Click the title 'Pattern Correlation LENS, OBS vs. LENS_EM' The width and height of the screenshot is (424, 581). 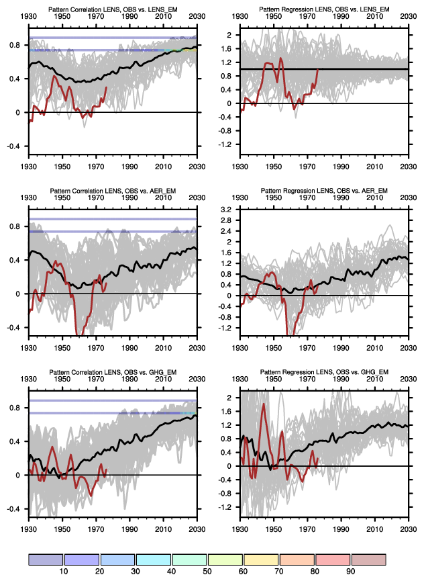coord(112,8)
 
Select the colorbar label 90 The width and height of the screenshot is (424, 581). coord(351,571)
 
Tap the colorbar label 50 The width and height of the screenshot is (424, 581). coord(207,571)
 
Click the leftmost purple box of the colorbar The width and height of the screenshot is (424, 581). coord(45,560)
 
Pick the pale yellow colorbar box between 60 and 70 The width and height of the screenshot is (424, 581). coord(261,560)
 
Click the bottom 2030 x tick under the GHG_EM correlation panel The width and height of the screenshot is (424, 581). coord(197,527)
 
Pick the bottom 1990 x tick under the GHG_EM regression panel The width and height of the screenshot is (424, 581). coord(341,527)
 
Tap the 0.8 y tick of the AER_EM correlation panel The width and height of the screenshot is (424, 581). coord(15,226)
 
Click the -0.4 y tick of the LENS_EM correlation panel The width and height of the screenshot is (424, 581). coord(14,146)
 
